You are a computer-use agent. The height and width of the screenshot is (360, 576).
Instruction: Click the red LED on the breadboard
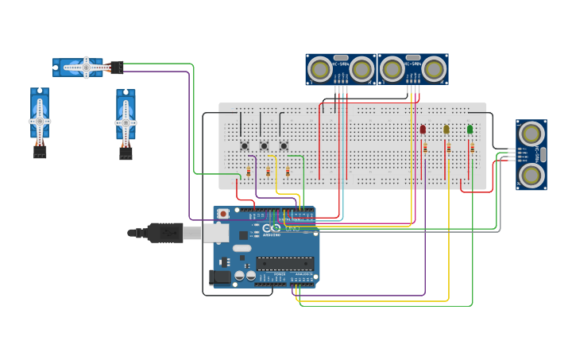[x=423, y=129]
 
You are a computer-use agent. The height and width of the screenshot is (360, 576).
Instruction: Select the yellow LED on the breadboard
[x=446, y=129]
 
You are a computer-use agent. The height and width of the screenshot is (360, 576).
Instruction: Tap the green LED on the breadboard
[x=470, y=129]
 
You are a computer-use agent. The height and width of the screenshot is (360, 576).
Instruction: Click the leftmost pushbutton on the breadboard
[x=245, y=145]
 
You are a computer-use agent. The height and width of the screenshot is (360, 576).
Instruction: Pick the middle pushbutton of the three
[x=265, y=145]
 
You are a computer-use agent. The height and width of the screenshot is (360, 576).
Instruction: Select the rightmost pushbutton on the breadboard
[x=284, y=145]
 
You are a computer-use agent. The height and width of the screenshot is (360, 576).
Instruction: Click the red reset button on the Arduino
[x=223, y=214]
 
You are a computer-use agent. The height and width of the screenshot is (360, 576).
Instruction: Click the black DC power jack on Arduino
[x=220, y=277]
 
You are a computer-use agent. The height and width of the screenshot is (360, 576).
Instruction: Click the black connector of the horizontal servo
[x=117, y=68]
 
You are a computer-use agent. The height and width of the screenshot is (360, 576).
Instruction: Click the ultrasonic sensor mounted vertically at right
[x=531, y=154]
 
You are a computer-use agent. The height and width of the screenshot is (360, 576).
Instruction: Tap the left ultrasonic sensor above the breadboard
[x=341, y=69]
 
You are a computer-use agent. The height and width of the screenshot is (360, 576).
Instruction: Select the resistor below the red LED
[x=425, y=148]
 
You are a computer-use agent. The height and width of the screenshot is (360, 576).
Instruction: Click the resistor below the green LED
[x=472, y=148]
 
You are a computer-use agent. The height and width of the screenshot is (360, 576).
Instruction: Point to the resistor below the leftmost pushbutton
[x=249, y=172]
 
